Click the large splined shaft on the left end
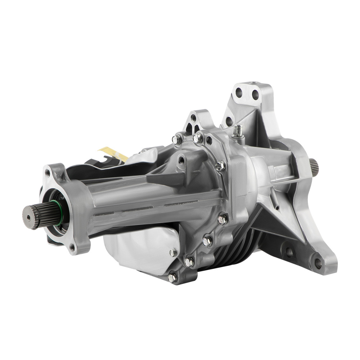point(36,215)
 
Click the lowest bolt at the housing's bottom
point(172,277)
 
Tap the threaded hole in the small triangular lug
point(194,118)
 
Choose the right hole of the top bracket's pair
point(255,95)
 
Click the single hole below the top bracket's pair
point(229,121)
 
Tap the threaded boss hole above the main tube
point(181,159)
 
